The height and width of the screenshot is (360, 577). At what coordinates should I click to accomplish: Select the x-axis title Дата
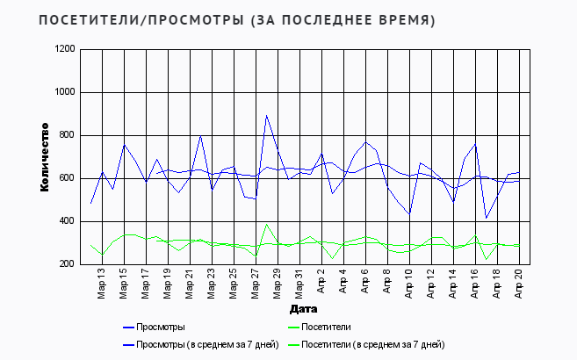coord(304,309)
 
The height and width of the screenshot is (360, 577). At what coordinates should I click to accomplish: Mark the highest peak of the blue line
coord(266,115)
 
